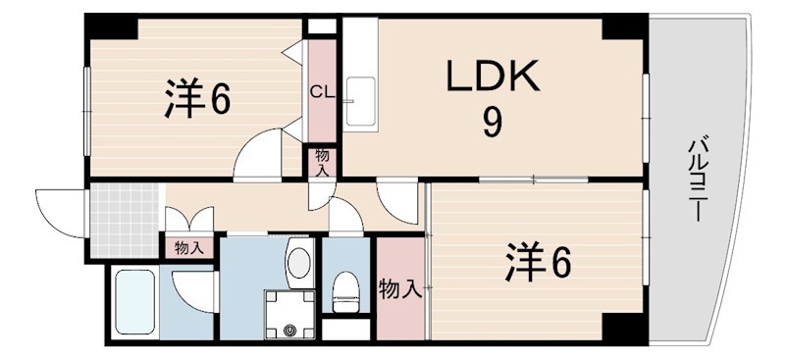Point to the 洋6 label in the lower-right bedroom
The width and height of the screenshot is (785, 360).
click(x=538, y=262)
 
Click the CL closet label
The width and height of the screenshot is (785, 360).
click(x=322, y=93)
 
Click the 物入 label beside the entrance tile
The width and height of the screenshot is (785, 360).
click(x=188, y=247)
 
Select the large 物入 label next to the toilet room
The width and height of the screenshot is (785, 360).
click(x=400, y=288)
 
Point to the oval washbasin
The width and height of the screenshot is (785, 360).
click(x=297, y=264)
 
